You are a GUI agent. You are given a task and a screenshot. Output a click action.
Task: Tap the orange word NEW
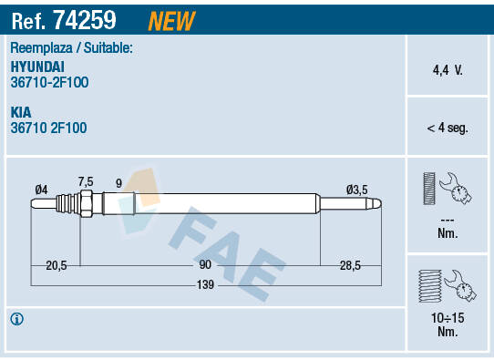pos(170,18)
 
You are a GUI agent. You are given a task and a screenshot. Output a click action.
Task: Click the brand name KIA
pos(22,113)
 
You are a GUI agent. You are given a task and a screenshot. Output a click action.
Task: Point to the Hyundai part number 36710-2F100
pos(49,82)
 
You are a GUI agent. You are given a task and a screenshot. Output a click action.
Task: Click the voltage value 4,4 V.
pos(447,69)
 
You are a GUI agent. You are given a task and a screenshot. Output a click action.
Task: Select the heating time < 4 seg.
pos(447,129)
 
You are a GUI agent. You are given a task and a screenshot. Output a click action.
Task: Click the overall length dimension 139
pos(206,285)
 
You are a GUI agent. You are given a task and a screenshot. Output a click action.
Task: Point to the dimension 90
pos(205,265)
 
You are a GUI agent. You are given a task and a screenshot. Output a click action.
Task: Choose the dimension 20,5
pos(57,265)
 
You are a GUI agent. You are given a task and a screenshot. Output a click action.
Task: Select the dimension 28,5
pos(350,265)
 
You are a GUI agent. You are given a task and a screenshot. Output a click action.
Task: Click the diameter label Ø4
pos(41,189)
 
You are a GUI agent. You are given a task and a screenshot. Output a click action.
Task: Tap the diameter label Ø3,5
pos(356,189)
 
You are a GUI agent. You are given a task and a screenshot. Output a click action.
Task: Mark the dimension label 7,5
pos(86,181)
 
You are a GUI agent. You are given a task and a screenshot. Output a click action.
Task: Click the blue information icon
pos(16,319)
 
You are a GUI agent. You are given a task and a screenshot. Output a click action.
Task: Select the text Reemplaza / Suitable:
pos(71,47)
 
